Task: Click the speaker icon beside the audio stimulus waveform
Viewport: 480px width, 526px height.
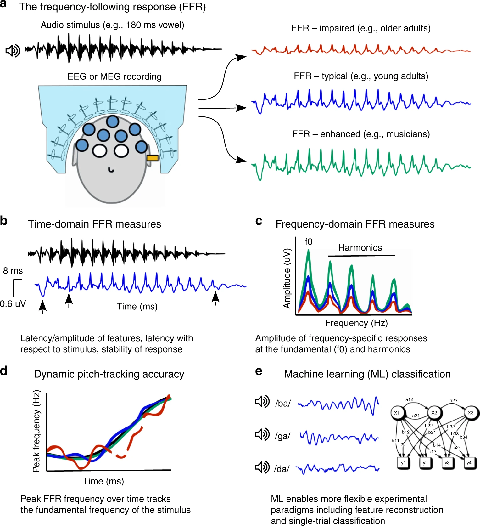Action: point(13,50)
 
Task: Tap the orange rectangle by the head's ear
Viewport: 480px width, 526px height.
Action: point(152,158)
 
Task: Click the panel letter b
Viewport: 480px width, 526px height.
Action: point(4,221)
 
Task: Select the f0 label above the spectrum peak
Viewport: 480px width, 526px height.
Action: point(309,242)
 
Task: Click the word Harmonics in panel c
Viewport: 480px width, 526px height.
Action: point(360,248)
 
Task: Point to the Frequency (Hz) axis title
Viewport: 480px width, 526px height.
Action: point(356,323)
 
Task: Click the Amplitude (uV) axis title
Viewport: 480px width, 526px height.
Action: point(287,278)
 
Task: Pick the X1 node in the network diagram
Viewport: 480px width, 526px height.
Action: point(397,413)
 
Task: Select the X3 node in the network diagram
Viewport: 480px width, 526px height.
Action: point(470,413)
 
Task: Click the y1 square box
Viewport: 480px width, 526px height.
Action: point(403,463)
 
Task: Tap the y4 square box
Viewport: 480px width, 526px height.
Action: point(469,463)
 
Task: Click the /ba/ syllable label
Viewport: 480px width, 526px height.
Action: point(283,403)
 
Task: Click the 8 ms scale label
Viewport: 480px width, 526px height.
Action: point(13,271)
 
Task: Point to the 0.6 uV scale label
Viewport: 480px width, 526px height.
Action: point(13,304)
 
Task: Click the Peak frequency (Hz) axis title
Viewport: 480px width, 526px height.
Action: point(36,431)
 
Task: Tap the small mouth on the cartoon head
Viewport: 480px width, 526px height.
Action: point(111,170)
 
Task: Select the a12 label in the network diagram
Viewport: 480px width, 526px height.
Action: point(409,399)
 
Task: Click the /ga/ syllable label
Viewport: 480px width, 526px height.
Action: point(282,436)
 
